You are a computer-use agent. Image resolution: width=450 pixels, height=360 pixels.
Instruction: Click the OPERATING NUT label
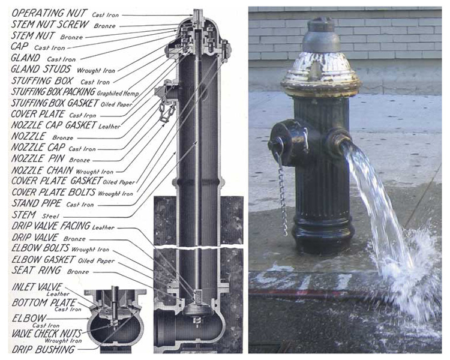[49, 13]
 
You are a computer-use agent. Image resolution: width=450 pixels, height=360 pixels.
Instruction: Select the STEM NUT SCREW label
[50, 24]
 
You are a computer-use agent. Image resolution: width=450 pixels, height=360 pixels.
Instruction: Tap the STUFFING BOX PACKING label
[53, 92]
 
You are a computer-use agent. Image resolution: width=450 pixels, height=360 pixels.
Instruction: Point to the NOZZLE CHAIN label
[42, 170]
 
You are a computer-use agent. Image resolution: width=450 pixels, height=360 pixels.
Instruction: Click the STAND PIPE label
[37, 203]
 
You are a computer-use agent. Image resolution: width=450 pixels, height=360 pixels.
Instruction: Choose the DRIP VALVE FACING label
[51, 226]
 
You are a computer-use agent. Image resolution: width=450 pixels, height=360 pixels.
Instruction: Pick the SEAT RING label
[37, 270]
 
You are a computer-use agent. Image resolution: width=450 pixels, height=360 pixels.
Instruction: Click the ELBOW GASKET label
[43, 260]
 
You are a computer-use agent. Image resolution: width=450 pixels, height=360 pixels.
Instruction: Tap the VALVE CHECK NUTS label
[47, 334]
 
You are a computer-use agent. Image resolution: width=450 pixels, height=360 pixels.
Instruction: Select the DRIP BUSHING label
[43, 349]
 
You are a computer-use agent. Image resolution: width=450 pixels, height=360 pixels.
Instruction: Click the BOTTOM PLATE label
[44, 302]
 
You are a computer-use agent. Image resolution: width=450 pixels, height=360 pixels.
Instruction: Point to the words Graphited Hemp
[118, 94]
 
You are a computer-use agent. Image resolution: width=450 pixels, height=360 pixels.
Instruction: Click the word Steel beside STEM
[50, 216]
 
